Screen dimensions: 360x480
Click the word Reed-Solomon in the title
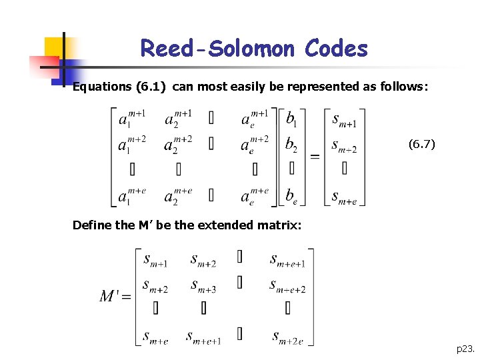coord(219,49)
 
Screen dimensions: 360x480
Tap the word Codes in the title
coord(336,49)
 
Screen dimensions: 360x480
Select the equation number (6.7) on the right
coord(421,143)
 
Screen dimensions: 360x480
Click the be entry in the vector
coord(292,195)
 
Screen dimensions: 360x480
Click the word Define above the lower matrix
coord(92,225)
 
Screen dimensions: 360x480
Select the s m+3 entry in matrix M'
coord(203,286)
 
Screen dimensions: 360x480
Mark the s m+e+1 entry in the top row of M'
coord(287,259)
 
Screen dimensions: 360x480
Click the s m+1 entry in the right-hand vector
coord(344,119)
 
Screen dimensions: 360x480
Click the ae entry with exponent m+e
coord(255,195)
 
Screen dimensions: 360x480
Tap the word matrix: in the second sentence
coord(280,225)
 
